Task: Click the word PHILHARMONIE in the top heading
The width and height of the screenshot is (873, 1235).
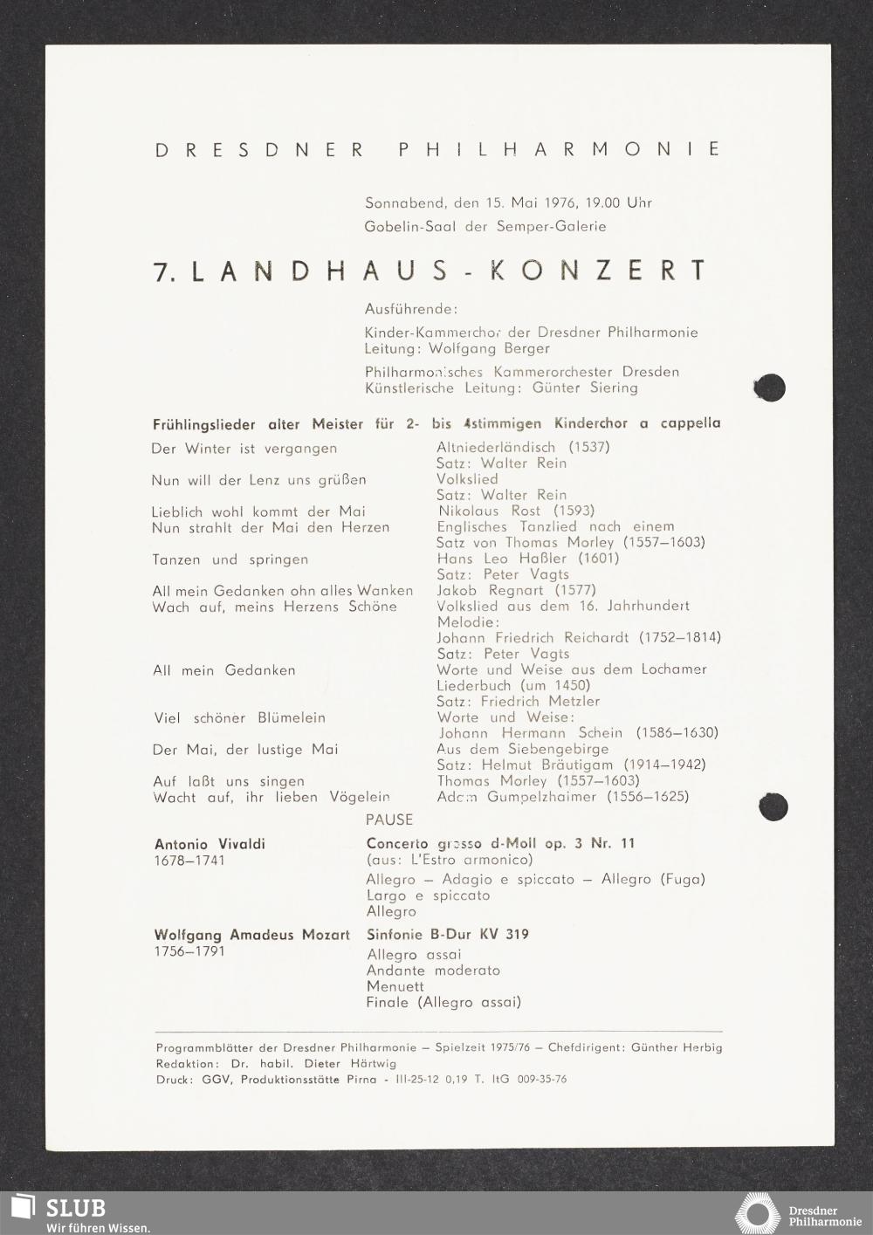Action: [560, 149]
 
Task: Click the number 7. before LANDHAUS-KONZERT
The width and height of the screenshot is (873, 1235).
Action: [165, 271]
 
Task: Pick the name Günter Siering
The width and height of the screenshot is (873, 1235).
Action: [585, 388]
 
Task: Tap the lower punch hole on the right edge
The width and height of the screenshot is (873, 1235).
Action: [773, 806]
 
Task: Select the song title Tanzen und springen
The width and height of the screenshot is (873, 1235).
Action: [230, 559]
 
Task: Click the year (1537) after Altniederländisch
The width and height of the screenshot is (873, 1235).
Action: [589, 447]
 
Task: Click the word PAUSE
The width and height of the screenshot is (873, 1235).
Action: [389, 820]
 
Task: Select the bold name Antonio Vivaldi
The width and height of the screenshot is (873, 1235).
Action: [210, 844]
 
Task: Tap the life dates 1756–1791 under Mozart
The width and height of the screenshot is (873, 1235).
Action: [189, 951]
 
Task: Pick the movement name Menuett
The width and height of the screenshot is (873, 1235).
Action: [395, 986]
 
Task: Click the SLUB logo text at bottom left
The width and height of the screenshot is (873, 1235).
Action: [75, 1208]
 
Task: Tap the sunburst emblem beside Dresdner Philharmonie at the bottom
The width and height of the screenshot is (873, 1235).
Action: [757, 1214]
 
